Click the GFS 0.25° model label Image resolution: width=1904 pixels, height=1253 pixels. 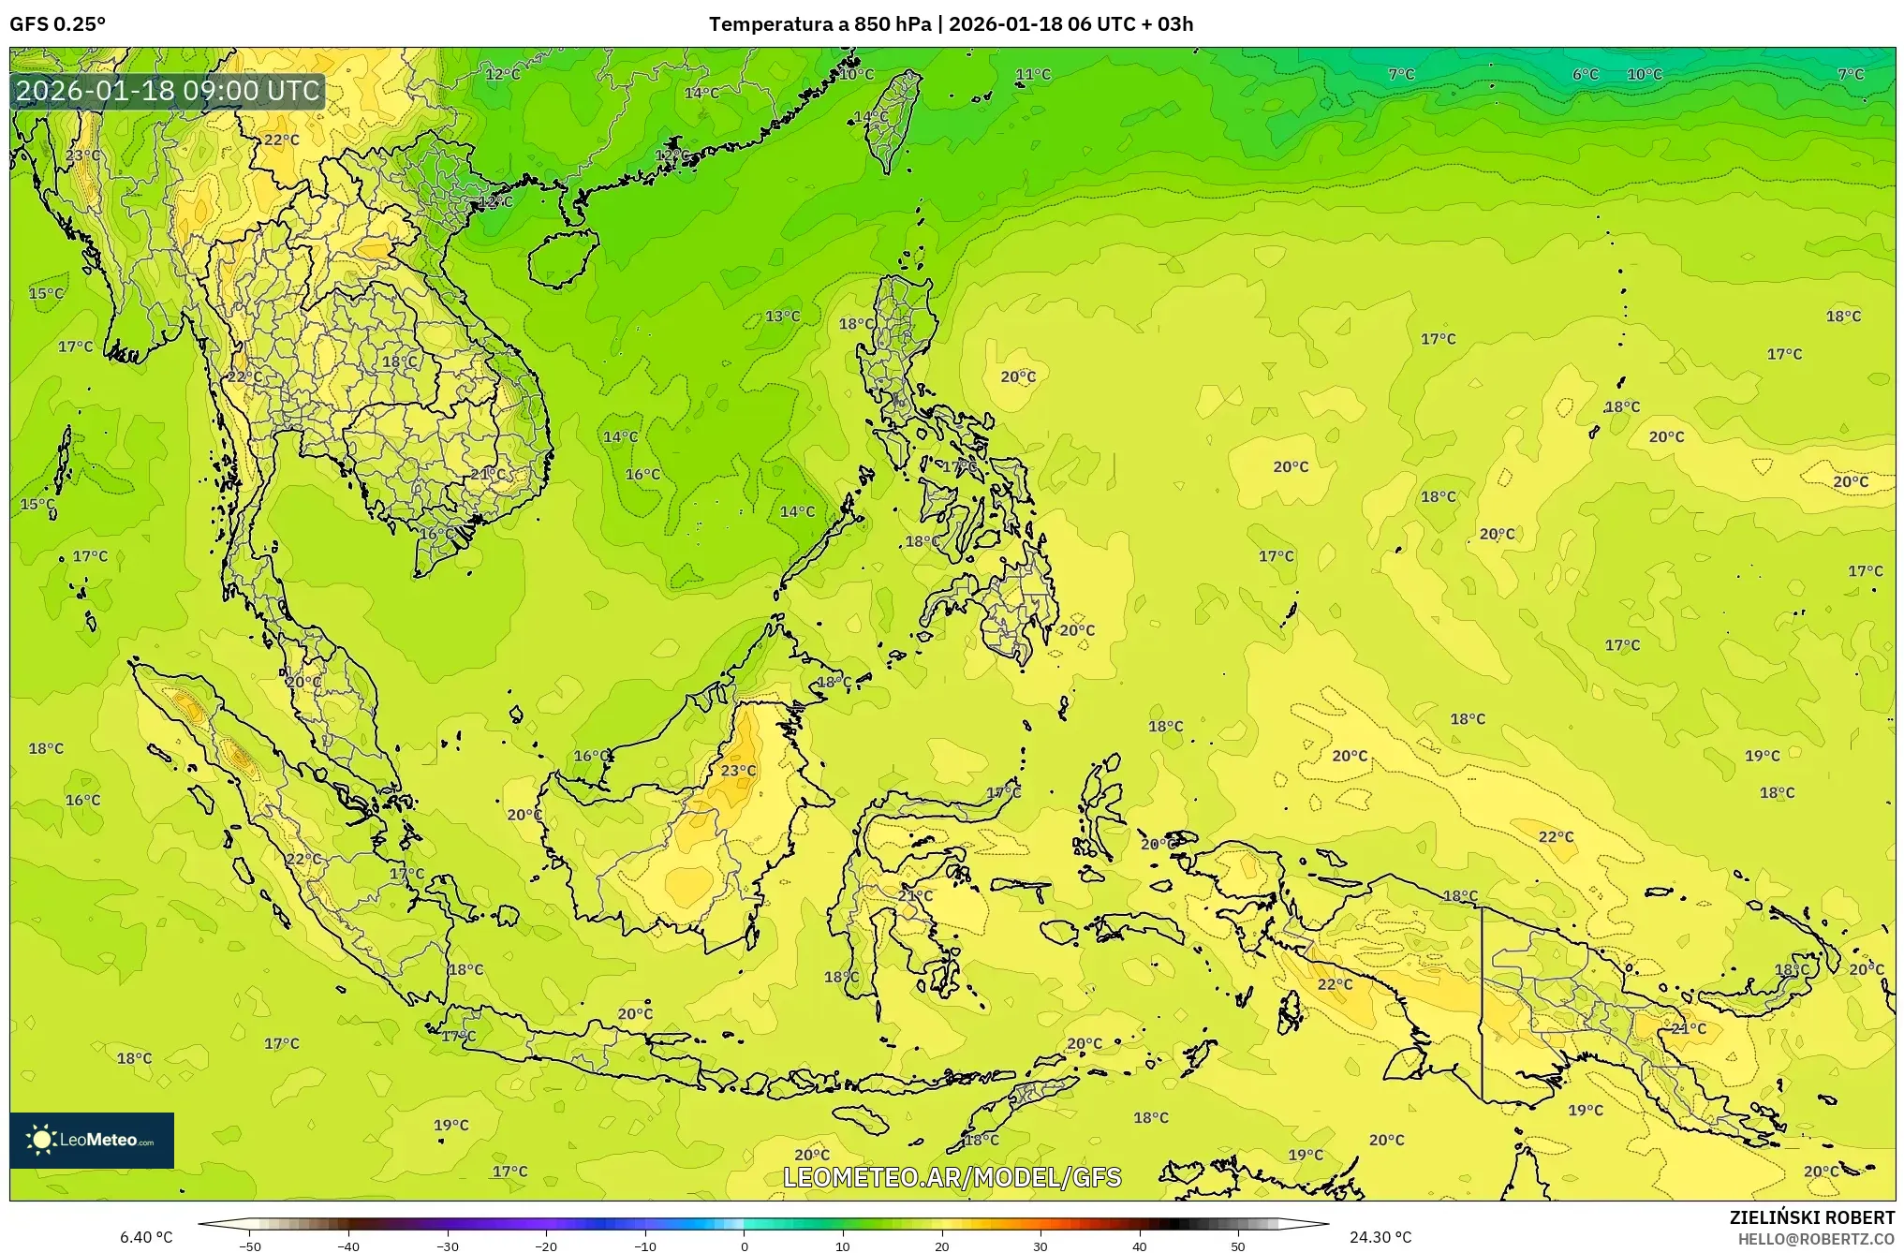57,24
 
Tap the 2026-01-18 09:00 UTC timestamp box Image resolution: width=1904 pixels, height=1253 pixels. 169,91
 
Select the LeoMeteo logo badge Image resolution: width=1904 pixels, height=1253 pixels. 92,1140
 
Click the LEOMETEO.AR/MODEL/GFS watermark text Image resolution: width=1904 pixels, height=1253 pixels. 952,1177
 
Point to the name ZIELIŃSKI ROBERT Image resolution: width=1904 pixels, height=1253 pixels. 1811,1217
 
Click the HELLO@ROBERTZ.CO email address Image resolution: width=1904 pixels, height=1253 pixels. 1815,1239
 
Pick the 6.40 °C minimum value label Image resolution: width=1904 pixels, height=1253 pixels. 146,1237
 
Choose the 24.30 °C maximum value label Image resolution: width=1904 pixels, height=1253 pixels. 1380,1237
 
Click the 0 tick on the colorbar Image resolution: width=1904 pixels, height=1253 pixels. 745,1246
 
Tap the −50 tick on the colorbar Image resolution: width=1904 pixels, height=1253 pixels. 249,1246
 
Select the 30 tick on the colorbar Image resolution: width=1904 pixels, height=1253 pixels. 1041,1246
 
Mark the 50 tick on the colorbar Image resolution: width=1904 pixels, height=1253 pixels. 1238,1246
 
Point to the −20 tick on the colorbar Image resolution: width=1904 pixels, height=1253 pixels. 546,1246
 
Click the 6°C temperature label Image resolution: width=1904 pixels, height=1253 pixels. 1585,75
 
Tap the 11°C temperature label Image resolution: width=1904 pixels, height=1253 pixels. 1033,75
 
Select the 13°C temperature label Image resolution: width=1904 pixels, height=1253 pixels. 782,317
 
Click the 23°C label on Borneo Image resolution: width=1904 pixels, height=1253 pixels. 738,771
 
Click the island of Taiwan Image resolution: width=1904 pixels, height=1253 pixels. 891,122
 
